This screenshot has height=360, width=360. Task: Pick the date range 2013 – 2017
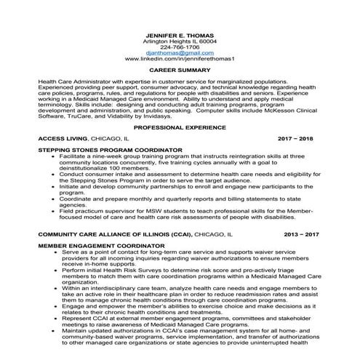[x=300, y=236]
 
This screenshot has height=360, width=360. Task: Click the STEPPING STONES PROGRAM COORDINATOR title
[x=110, y=151]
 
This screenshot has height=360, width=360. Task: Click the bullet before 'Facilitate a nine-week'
[x=54, y=156]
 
